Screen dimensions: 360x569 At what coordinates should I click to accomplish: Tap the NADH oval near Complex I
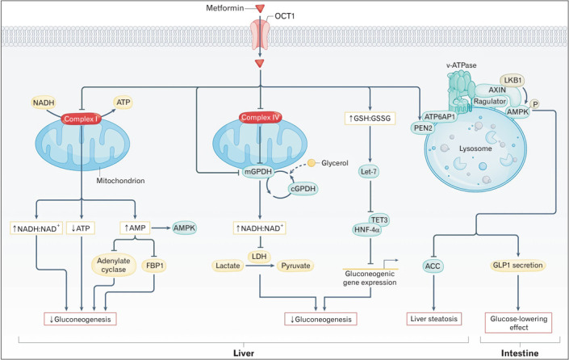pos(44,103)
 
